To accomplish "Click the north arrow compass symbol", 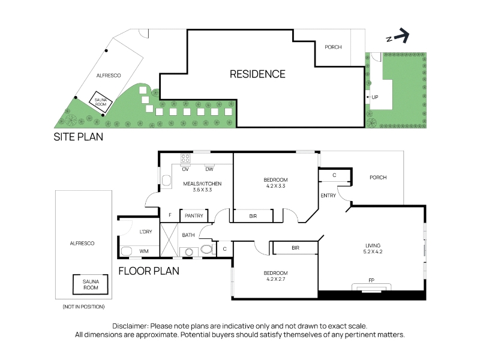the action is (x=398, y=36).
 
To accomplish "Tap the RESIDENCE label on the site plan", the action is (x=257, y=74).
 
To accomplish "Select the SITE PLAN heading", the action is (x=79, y=137).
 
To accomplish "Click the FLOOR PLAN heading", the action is (x=149, y=271).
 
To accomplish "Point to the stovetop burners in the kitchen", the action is (x=185, y=158).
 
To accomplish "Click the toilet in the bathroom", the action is (x=206, y=249).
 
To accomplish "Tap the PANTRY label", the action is (x=194, y=216).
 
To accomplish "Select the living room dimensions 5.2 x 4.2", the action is (x=373, y=251).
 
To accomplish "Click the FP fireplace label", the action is (x=371, y=280).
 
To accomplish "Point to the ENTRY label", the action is (x=328, y=196).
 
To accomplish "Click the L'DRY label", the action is (x=146, y=232).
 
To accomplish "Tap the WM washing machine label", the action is (x=144, y=251).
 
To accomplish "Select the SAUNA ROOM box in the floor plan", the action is (x=91, y=284).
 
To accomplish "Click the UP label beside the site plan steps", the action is (x=375, y=97).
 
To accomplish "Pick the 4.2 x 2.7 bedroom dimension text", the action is (x=276, y=279).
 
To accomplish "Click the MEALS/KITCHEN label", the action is (x=202, y=184).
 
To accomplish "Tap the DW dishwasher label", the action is (x=209, y=169).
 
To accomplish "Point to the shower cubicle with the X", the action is (x=169, y=239).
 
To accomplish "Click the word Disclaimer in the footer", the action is (x=130, y=326).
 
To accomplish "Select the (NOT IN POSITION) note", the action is (x=83, y=307).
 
